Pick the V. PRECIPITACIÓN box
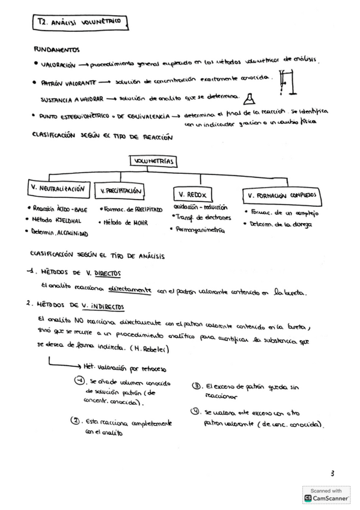pyautogui.click(x=121, y=191)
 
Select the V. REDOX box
pyautogui.click(x=192, y=194)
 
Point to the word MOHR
pyautogui.click(x=142, y=222)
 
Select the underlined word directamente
pyautogui.click(x=129, y=290)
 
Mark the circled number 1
pyautogui.click(x=79, y=380)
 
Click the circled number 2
pyautogui.click(x=76, y=420)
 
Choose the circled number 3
pyautogui.click(x=196, y=386)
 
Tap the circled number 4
pyautogui.click(x=195, y=412)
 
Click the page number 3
pyautogui.click(x=332, y=473)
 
